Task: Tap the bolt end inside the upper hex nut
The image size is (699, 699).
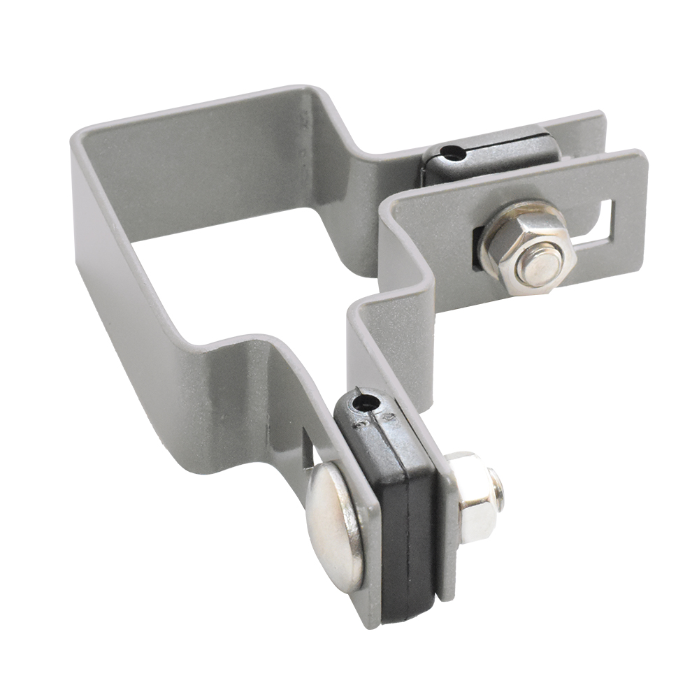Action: tap(541, 265)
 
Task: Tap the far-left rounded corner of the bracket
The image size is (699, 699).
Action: tap(80, 140)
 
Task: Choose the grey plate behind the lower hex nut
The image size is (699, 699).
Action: tap(447, 545)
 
